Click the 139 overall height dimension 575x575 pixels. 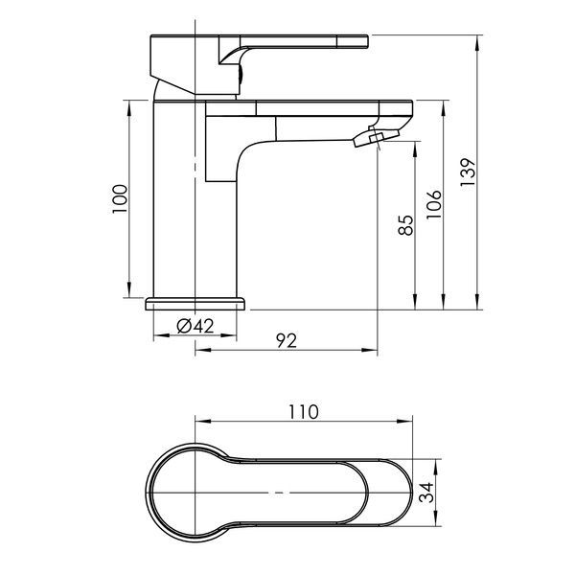click(x=468, y=172)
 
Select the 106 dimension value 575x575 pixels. click(x=434, y=204)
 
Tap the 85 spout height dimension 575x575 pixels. click(x=405, y=225)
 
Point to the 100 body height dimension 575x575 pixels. click(x=120, y=198)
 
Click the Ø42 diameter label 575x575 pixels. click(x=195, y=326)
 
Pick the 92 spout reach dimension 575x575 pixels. click(x=287, y=340)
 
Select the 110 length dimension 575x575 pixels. click(x=304, y=412)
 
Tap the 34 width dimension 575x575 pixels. click(x=426, y=493)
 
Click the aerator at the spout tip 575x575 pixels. click(x=377, y=137)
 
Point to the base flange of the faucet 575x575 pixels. click(x=195, y=304)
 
